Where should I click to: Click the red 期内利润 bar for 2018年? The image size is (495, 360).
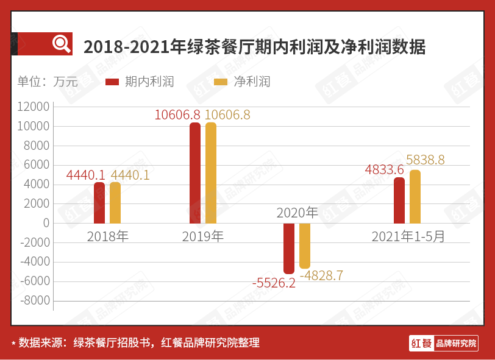[x=99, y=203]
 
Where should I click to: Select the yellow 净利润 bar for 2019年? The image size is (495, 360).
[x=211, y=173]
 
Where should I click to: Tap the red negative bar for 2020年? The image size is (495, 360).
[x=289, y=248]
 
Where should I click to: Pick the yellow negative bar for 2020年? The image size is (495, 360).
[x=305, y=245]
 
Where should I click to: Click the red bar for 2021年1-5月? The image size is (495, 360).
[x=399, y=200]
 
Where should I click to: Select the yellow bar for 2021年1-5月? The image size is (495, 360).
[x=415, y=197]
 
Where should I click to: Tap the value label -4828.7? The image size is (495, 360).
[x=321, y=275]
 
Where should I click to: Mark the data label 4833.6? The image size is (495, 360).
[x=385, y=170]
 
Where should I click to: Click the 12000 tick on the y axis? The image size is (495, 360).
[x=34, y=107]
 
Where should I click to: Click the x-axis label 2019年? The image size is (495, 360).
[x=203, y=236]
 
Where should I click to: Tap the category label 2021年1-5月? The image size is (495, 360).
[x=408, y=236]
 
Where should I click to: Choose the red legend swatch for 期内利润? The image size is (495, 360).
[x=112, y=82]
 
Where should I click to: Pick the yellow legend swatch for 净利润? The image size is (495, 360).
[x=221, y=82]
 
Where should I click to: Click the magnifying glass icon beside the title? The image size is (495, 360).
[x=61, y=44]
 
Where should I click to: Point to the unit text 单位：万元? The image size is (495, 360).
[x=48, y=82]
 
